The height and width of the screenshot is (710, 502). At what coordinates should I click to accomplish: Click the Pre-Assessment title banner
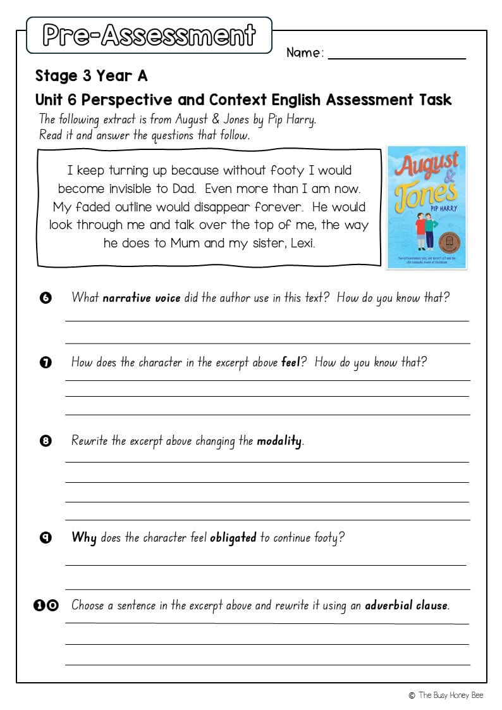click(149, 35)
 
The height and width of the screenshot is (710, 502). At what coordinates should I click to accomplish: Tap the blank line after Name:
click(396, 54)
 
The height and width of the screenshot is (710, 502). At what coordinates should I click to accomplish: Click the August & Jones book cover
click(427, 207)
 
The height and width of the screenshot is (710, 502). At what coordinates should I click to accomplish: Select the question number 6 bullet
click(46, 298)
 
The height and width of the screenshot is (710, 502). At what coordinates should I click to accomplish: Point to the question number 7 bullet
click(46, 363)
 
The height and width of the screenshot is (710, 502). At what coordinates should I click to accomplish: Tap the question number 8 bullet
click(46, 442)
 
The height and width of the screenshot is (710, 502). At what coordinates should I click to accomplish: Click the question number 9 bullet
click(46, 539)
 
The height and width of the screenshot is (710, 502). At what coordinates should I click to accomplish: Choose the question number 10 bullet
click(46, 606)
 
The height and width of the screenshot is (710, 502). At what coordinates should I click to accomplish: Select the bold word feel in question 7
click(290, 363)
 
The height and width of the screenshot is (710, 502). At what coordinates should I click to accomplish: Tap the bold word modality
click(279, 441)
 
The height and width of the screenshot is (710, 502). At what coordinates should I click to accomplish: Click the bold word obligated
click(233, 538)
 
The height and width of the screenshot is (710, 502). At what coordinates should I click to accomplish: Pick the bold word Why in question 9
click(84, 538)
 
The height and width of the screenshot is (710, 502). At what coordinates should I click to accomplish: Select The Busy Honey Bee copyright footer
click(446, 695)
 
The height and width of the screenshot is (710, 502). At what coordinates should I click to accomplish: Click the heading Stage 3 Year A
click(91, 77)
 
